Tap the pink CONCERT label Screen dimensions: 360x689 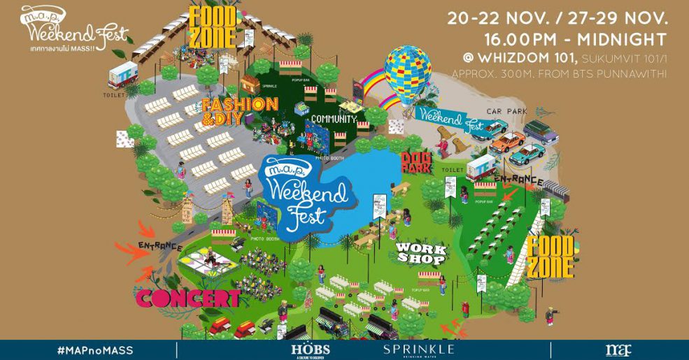click(x=188, y=298)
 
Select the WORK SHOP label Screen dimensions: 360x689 click(x=420, y=252)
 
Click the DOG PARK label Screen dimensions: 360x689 click(x=415, y=162)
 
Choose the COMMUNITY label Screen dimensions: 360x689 click(x=333, y=119)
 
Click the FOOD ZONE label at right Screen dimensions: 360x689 click(x=551, y=256)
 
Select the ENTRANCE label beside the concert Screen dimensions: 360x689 click(x=160, y=247)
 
